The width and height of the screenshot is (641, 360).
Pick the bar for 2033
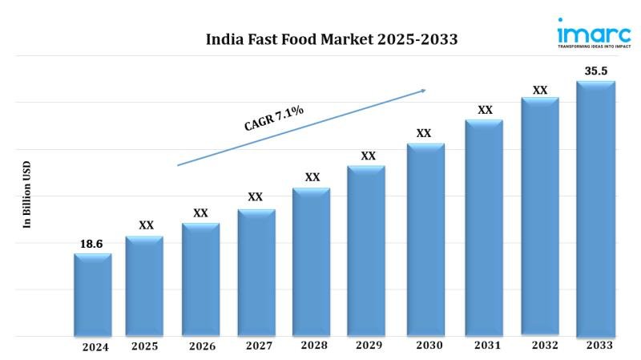click(x=595, y=208)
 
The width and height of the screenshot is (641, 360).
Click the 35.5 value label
click(x=595, y=71)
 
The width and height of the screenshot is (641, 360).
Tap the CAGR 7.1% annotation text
click(x=273, y=119)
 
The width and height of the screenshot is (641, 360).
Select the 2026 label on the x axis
click(x=202, y=346)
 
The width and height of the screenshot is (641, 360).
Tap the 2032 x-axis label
click(x=540, y=346)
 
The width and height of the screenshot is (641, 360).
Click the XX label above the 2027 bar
click(x=255, y=196)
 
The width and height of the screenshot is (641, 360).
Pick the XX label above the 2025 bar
click(x=146, y=225)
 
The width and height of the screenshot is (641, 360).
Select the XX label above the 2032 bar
click(x=540, y=90)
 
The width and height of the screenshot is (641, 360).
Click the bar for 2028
click(x=311, y=261)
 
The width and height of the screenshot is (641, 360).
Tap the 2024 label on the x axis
click(x=95, y=347)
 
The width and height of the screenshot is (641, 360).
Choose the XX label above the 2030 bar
click(x=424, y=133)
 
